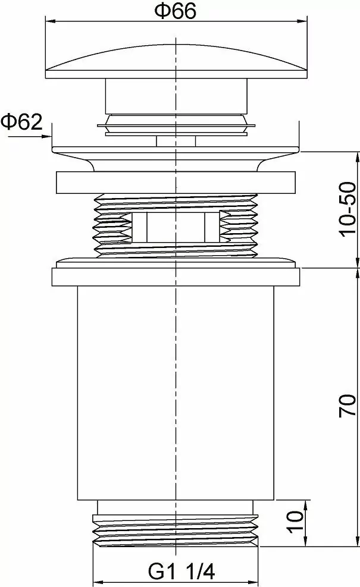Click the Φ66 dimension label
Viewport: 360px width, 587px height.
(176, 12)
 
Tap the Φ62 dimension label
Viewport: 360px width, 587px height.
(22, 122)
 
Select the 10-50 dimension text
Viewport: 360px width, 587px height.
(348, 209)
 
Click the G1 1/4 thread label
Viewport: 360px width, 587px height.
(181, 572)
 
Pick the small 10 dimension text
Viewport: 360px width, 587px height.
(296, 522)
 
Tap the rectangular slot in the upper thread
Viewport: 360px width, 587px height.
(176, 227)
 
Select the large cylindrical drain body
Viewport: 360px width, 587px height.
(176, 393)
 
